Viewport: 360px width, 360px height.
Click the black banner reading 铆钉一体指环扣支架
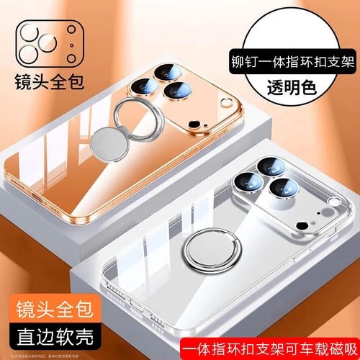point(291,62)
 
